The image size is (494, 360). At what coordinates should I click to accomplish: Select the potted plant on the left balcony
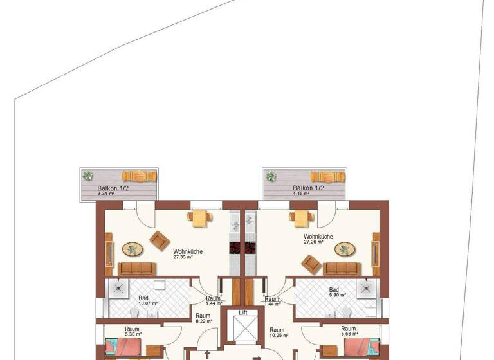click(x=87, y=175)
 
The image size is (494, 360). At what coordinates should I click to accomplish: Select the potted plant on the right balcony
click(x=271, y=176)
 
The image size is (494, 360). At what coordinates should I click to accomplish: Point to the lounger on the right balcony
click(x=327, y=176)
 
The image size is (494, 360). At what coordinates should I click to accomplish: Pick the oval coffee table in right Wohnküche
click(x=345, y=248)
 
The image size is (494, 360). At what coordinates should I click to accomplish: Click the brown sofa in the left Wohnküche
click(x=137, y=267)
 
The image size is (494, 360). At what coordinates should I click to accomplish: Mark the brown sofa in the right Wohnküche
click(x=342, y=267)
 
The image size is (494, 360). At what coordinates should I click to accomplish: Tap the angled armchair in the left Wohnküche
click(x=158, y=240)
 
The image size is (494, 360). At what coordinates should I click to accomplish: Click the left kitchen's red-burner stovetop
click(x=234, y=248)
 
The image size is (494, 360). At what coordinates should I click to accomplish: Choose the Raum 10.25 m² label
click(x=277, y=332)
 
